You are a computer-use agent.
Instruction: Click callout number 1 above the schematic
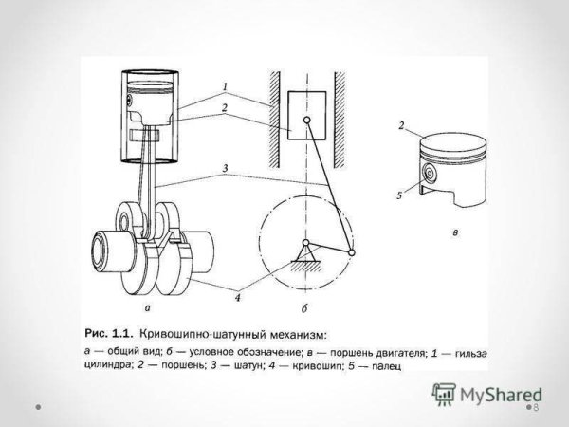[x=225, y=86]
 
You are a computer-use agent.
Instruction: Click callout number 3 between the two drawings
[x=225, y=170]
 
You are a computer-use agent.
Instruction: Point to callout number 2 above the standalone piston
[x=402, y=126]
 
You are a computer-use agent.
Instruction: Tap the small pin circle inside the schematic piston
[x=304, y=120]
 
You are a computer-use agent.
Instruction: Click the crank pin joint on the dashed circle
[x=353, y=252]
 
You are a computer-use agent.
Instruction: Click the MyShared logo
[x=486, y=392]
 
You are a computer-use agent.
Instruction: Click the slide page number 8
[x=536, y=406]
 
